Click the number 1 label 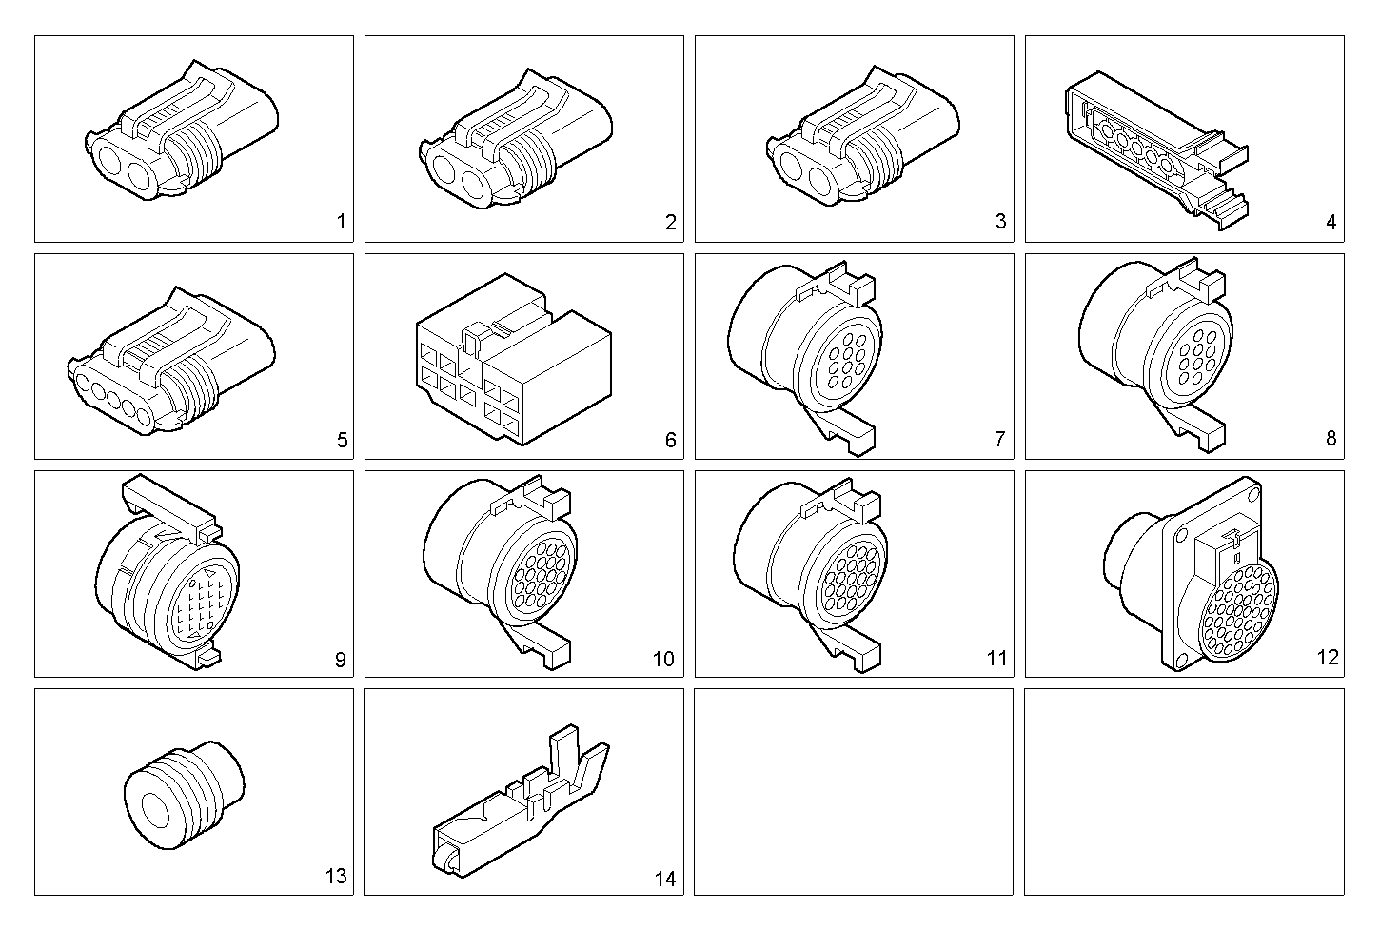coord(341,223)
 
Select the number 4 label coord(1331,223)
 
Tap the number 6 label coord(671,440)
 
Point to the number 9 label coord(341,659)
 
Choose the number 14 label coord(665,879)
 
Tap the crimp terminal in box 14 coord(519,800)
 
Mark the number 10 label coord(662,659)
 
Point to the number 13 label coord(336,877)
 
